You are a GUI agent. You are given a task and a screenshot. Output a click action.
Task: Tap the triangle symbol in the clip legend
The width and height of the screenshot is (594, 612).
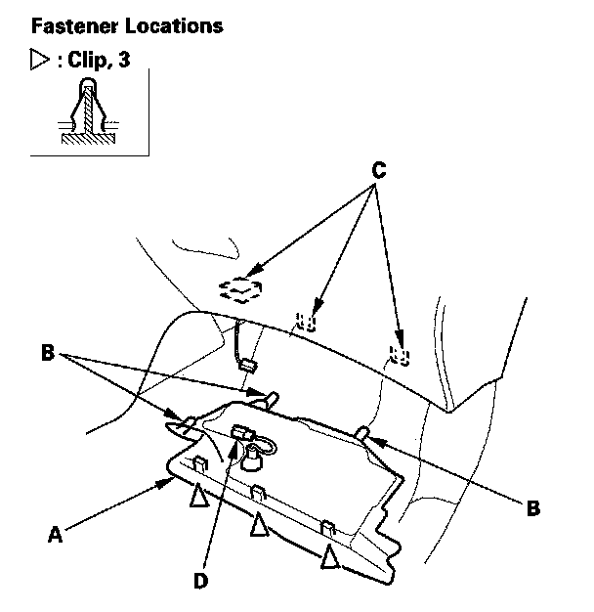point(41,60)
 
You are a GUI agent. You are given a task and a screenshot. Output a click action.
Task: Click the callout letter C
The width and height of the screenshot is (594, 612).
point(378,169)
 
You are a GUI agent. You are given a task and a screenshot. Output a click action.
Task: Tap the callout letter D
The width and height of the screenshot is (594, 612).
point(201,581)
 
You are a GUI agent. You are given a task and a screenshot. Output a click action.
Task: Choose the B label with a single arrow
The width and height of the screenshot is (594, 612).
point(532,507)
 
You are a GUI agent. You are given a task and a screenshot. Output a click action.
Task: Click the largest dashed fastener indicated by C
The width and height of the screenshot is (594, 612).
point(240,286)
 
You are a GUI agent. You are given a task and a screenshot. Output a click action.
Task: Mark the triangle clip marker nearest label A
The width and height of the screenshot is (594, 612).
point(198,496)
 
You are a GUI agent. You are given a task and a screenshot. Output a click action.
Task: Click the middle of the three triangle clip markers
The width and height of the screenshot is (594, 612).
point(258,525)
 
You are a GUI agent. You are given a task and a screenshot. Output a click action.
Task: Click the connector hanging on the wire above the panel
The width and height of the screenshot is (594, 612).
point(247,367)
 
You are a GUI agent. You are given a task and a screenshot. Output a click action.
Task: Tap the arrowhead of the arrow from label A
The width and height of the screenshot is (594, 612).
point(170,480)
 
